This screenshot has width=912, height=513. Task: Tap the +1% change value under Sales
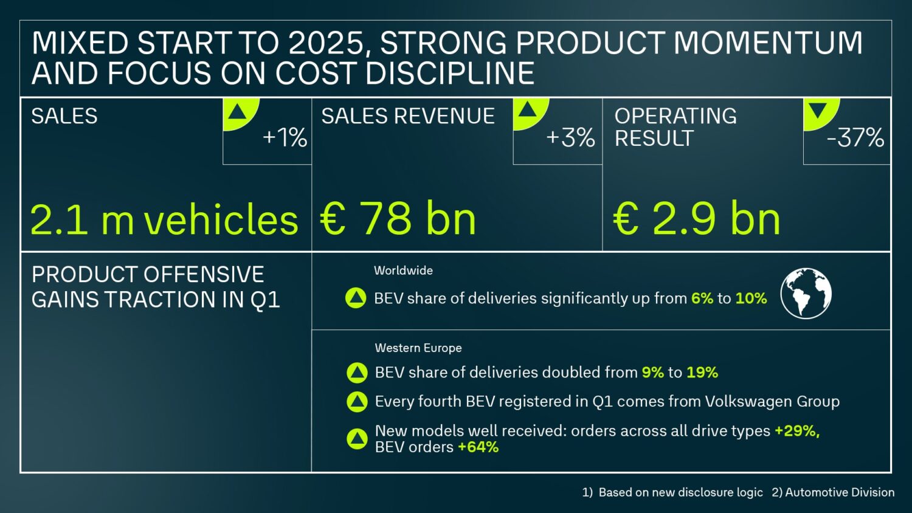click(285, 138)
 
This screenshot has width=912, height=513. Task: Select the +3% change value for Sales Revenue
click(570, 138)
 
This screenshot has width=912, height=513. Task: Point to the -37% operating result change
click(855, 138)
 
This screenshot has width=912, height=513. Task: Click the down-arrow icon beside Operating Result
click(818, 111)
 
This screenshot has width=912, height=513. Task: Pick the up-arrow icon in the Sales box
click(237, 111)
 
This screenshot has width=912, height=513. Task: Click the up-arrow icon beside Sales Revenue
click(527, 110)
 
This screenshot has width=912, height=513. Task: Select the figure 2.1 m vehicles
click(164, 219)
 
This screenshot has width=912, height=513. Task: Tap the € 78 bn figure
click(398, 219)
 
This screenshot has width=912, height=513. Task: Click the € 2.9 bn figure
click(697, 219)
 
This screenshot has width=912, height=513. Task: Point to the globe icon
click(806, 294)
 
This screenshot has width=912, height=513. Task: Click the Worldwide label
click(403, 270)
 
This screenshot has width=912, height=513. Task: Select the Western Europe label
click(418, 348)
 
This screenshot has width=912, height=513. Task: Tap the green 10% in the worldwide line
click(751, 298)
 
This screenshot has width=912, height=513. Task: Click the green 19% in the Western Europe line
click(702, 372)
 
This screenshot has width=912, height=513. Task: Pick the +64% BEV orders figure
click(478, 447)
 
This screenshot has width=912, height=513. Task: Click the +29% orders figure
click(796, 431)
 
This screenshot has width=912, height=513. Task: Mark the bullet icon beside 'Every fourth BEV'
click(357, 402)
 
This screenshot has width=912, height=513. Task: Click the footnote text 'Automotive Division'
click(840, 492)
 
